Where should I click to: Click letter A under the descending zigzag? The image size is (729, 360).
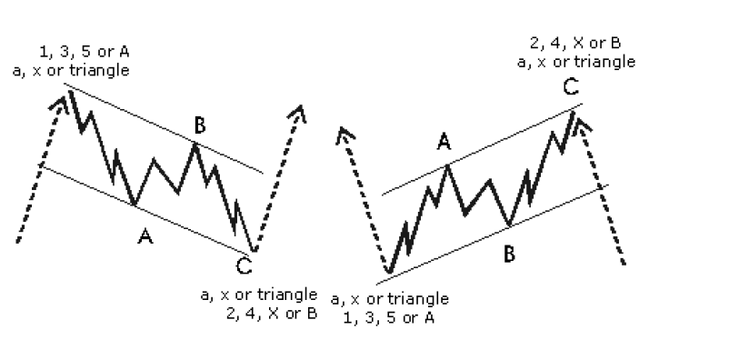coord(144,237)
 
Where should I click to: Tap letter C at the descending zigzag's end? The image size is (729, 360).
coord(244,265)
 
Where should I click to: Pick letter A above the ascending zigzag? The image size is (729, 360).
coord(444,142)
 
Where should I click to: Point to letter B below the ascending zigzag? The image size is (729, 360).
coord(510,254)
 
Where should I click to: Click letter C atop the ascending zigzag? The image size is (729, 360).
coord(570,88)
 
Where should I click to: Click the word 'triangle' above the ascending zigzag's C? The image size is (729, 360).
coord(604,62)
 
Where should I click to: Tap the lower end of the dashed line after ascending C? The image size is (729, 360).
coord(624,265)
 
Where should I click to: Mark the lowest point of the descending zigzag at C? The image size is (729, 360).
coord(255,251)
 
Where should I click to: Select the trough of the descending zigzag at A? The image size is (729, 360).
coord(135,204)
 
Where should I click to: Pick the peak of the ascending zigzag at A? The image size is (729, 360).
coord(446,165)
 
